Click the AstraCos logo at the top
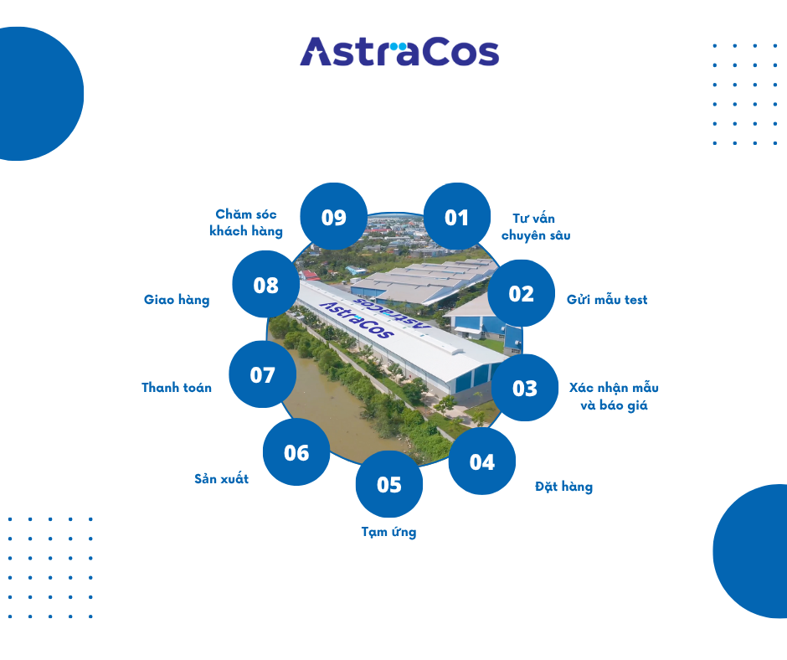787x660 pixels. click(x=399, y=52)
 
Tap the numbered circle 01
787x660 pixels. click(x=457, y=217)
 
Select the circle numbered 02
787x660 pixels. click(x=521, y=293)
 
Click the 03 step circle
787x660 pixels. click(x=525, y=388)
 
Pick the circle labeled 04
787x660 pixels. click(x=482, y=461)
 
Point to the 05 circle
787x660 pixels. click(x=389, y=484)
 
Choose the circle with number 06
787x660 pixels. click(x=296, y=452)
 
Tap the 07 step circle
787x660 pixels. click(x=262, y=374)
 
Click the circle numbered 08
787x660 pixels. click(x=265, y=285)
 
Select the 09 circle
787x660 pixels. click(x=333, y=217)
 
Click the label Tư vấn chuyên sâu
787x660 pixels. click(x=536, y=227)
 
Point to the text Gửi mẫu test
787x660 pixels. click(x=607, y=300)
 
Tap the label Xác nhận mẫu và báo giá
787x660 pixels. click(x=614, y=396)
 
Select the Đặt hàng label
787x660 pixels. click(x=563, y=487)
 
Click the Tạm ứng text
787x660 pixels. click(x=388, y=532)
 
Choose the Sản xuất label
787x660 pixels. click(x=221, y=479)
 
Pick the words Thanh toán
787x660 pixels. click(x=177, y=388)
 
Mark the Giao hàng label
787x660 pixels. click(x=177, y=300)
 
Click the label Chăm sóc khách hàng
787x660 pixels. click(x=246, y=223)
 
